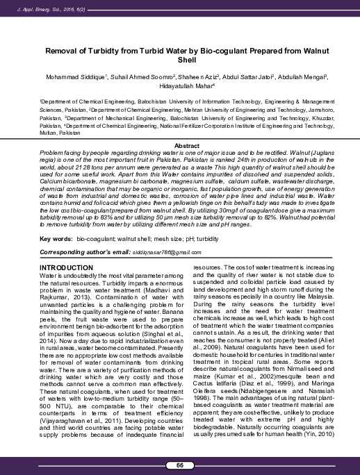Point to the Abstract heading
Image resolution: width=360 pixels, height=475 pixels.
[x=179, y=144]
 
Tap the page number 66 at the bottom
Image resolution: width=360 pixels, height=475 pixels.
[x=180, y=464]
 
